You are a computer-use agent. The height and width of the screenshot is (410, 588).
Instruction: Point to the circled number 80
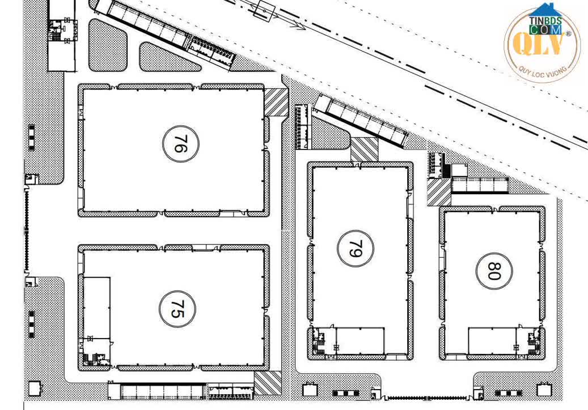(493, 270)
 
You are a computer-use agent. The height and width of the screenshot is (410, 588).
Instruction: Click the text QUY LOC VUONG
(542, 72)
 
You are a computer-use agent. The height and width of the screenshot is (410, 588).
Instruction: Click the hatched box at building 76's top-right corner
(277, 103)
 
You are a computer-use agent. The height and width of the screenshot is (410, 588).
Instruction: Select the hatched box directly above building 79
(363, 149)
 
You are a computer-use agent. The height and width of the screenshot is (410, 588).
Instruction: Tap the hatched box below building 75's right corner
(267, 383)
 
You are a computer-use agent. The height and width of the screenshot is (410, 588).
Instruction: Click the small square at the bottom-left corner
(35, 388)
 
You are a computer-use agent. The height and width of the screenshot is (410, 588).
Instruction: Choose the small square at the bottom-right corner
(544, 390)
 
